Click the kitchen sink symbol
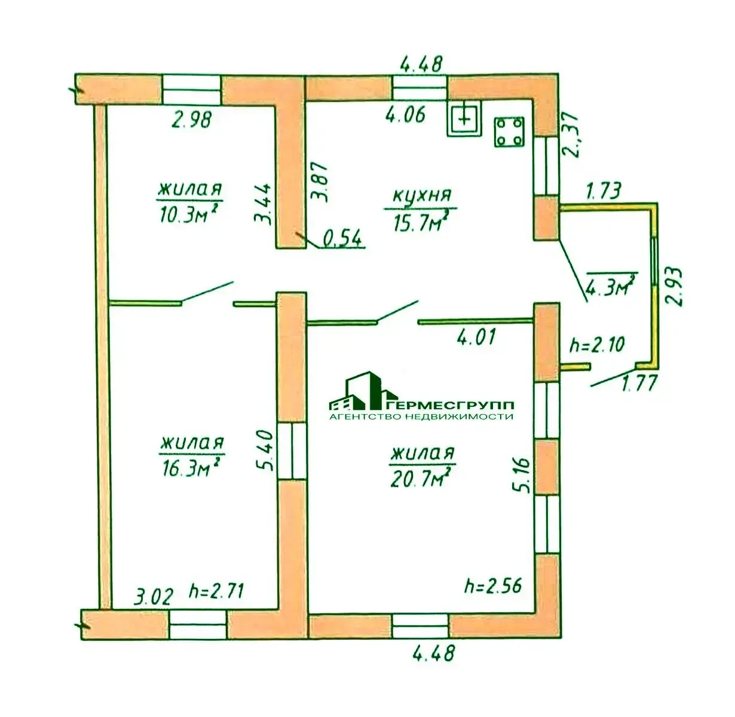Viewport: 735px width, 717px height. point(464,119)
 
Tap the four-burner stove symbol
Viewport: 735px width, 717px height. point(509,132)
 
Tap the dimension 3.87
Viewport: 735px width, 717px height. point(318,182)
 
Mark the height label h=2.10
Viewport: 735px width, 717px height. point(597,345)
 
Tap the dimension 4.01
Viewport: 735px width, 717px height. point(476,337)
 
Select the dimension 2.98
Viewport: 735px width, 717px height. point(191,119)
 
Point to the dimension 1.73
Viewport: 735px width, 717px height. point(603,191)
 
